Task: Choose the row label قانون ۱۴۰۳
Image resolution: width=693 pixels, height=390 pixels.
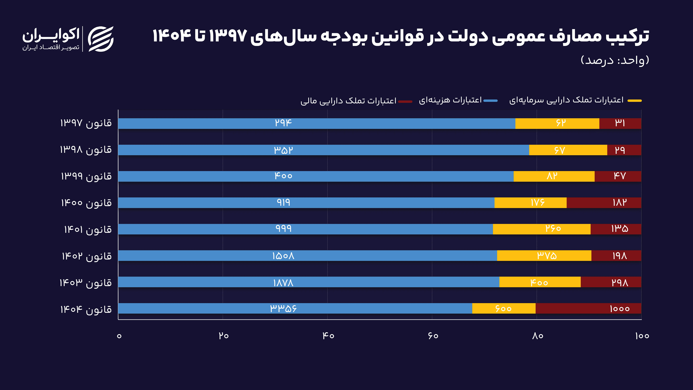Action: (86, 283)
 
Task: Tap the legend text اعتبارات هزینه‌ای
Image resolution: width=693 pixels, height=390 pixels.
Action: (450, 100)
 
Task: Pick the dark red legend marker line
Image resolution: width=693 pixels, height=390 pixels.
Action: (405, 101)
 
